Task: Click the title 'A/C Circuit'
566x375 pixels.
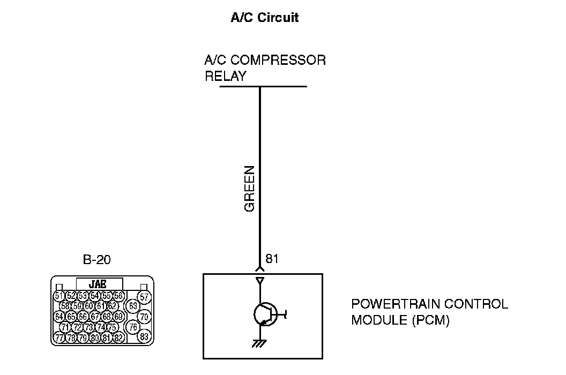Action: coord(264,18)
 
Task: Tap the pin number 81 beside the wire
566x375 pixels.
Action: coord(272,259)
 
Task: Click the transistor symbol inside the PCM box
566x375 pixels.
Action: coord(265,314)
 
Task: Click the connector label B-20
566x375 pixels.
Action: coord(98,260)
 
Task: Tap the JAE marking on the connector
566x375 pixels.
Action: coord(100,284)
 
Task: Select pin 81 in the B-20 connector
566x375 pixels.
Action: coord(107,337)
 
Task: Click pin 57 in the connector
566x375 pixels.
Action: coord(144,297)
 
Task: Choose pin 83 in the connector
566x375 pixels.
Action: coord(144,337)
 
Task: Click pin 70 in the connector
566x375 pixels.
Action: coord(144,317)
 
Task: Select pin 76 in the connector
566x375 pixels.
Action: coord(133,327)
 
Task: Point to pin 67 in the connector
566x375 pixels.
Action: coord(95,317)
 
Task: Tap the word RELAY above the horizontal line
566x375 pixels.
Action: coord(226,76)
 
